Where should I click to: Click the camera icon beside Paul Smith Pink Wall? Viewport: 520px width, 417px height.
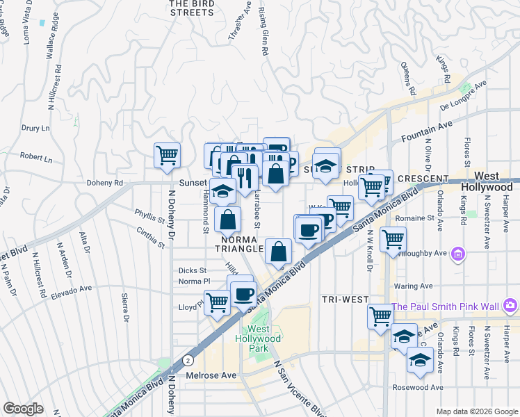coord(511,306)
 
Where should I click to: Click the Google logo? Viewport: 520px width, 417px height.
coord(24,409)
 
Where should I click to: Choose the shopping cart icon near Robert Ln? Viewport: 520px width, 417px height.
coord(167,155)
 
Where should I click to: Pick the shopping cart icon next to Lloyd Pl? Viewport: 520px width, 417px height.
coord(217,302)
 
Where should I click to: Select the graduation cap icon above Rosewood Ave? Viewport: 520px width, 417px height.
coord(419,359)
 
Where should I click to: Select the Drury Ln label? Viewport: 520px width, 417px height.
coord(35,129)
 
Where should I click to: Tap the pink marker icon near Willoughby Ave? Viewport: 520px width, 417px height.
coord(457,255)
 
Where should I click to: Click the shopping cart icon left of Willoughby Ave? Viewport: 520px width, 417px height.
coord(393,239)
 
